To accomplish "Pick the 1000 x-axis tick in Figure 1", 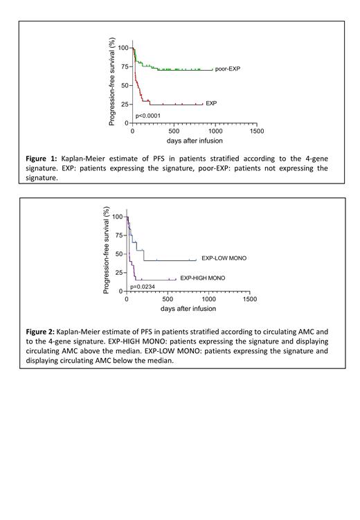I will click(215, 130).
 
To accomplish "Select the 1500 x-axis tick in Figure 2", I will click(250, 300).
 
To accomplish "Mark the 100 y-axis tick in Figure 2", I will click(116, 217).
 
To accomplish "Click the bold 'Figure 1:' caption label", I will click(43, 159).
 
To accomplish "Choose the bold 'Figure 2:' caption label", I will click(42, 332).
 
